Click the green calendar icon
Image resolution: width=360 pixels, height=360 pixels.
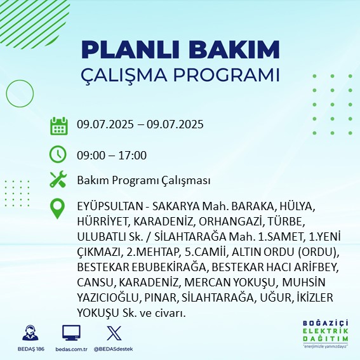pos(58,126)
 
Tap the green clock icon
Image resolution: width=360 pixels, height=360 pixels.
pos(58,154)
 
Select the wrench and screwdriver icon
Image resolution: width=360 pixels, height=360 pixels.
pos(58,180)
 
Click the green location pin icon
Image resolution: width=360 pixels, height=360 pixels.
pos(58,209)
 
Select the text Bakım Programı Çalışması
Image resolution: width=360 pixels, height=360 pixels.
pos(143,181)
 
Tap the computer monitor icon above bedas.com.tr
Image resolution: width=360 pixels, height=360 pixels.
pos(71,333)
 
